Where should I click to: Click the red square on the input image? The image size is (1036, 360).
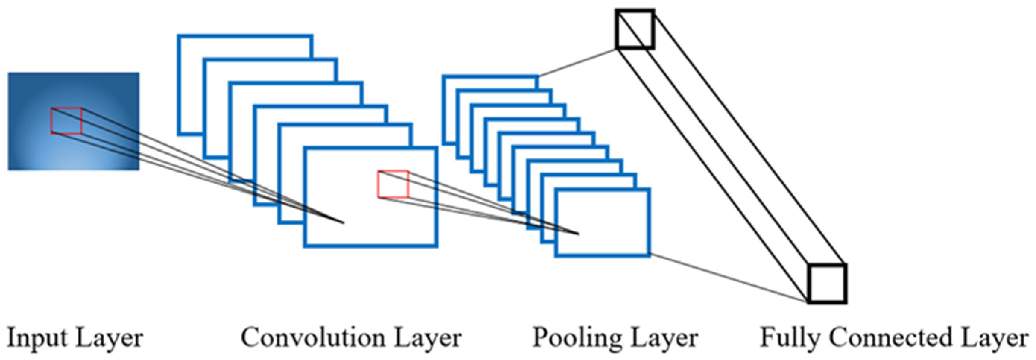click(66, 121)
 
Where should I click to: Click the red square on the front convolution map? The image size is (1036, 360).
click(393, 184)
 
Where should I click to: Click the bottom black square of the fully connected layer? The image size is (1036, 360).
click(828, 284)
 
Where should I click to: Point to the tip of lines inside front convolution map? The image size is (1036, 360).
click(343, 222)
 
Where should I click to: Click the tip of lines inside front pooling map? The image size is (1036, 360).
click(578, 234)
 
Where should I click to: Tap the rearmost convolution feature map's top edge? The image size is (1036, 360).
click(245, 36)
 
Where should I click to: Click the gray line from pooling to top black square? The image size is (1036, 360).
click(577, 62)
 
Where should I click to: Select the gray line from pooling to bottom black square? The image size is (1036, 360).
click(728, 278)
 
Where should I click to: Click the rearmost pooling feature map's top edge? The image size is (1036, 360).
click(491, 76)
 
